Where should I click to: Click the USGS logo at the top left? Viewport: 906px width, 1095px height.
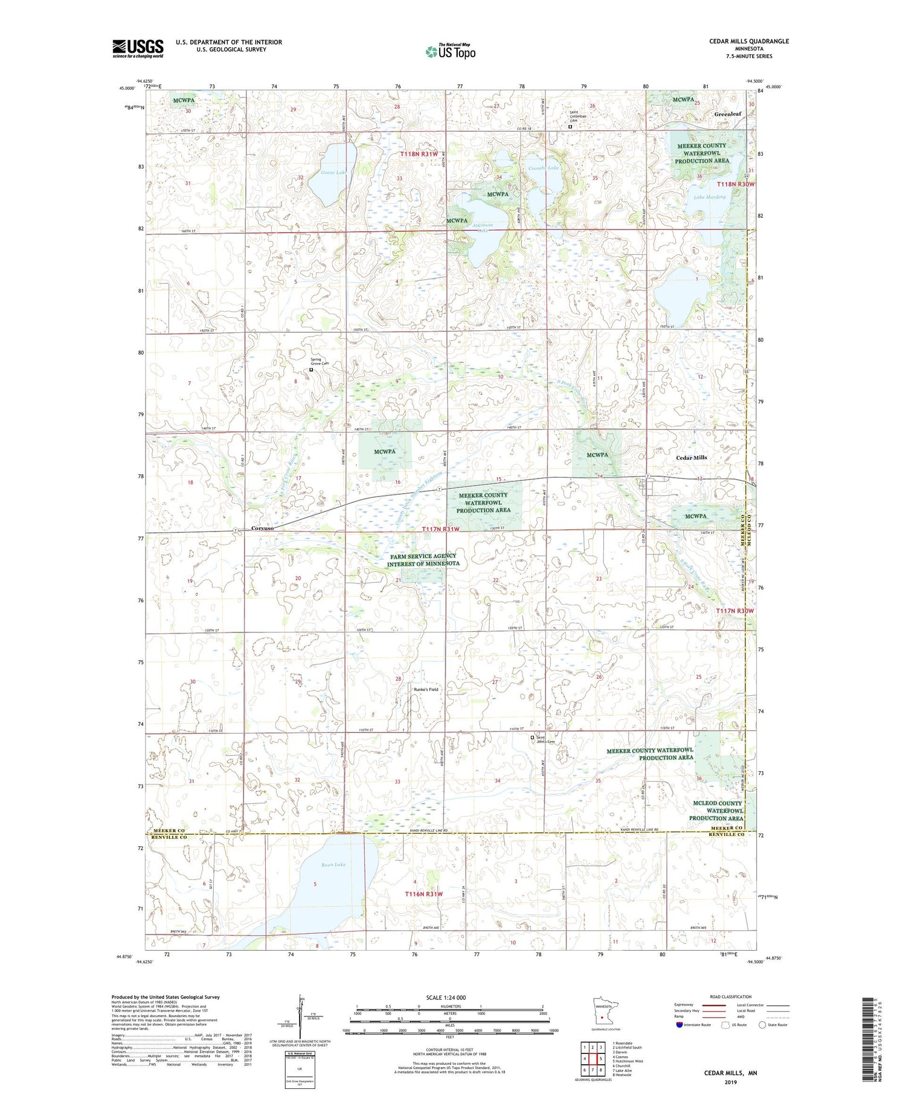click(138, 48)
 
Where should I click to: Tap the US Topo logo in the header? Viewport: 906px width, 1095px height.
click(450, 51)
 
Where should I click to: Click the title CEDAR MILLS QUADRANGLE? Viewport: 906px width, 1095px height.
click(749, 41)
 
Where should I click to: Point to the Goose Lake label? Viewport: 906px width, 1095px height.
click(334, 173)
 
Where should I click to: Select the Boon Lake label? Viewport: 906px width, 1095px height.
click(333, 865)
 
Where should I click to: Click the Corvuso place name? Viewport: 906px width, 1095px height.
click(262, 528)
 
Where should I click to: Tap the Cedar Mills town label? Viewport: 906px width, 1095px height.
click(691, 458)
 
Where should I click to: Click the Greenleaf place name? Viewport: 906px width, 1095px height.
click(727, 114)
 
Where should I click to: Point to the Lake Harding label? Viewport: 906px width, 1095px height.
click(709, 197)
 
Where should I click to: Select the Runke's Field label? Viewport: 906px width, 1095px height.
click(426, 689)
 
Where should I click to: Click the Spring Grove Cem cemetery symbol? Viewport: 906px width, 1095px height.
click(312, 369)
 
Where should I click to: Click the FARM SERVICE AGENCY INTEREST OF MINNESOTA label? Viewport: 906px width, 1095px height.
click(423, 560)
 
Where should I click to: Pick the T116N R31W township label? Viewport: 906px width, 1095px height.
click(423, 893)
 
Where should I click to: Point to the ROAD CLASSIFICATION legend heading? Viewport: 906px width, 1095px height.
click(731, 997)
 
